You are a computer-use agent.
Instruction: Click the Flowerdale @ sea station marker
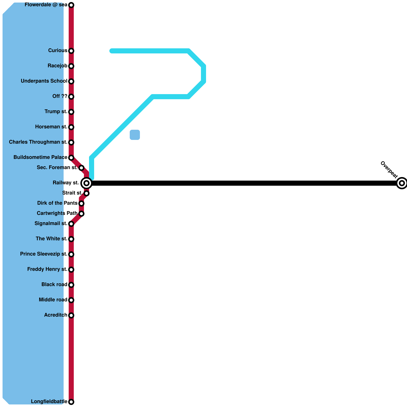pyautogui.click(x=71, y=5)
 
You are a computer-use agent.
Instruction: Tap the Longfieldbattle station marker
pyautogui.click(x=71, y=402)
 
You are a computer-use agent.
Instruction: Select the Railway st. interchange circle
pyautogui.click(x=86, y=183)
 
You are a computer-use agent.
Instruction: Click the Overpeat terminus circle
pyautogui.click(x=402, y=183)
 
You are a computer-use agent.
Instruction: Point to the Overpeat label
pyautogui.click(x=389, y=170)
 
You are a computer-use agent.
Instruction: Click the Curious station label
pyautogui.click(x=58, y=51)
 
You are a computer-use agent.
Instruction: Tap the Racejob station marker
pyautogui.click(x=71, y=66)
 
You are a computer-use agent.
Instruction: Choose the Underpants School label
pyautogui.click(x=44, y=81)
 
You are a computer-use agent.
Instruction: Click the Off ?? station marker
pyautogui.click(x=71, y=97)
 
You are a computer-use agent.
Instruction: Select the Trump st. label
pyautogui.click(x=56, y=112)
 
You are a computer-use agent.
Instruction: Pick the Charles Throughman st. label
pyautogui.click(x=38, y=142)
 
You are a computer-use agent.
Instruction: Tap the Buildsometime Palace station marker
pyautogui.click(x=71, y=158)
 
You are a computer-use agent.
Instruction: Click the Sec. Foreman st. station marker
pyautogui.click(x=81, y=168)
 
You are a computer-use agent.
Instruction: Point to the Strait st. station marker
pyautogui.click(x=86, y=193)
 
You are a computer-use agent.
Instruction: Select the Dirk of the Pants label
pyautogui.click(x=57, y=203)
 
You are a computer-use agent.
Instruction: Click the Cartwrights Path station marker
pyautogui.click(x=81, y=213)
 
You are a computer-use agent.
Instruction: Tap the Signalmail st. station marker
pyautogui.click(x=71, y=224)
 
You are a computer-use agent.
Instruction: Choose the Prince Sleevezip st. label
pyautogui.click(x=44, y=254)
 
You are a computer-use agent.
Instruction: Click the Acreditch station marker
pyautogui.click(x=71, y=315)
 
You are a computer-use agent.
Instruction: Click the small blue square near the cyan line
pyautogui.click(x=135, y=135)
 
